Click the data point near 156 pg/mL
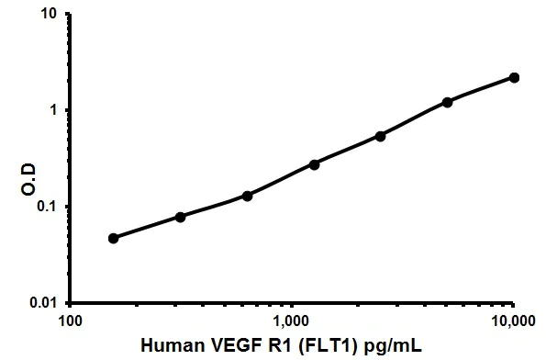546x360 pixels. pos(113,238)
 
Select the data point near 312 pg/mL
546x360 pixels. pos(180,217)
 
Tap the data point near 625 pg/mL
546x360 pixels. pos(247,196)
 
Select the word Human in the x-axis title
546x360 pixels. pos(173,347)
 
